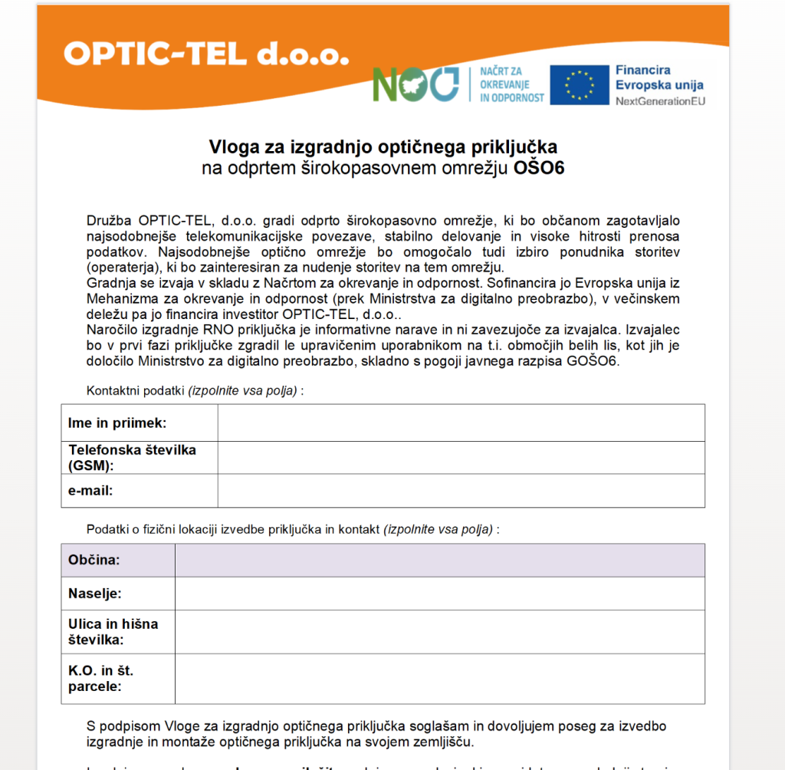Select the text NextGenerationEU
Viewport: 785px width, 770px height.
pos(660,100)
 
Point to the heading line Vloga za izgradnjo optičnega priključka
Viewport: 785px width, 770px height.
pos(383,146)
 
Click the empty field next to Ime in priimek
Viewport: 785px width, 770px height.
pos(461,423)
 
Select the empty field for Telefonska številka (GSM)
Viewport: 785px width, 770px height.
pos(461,458)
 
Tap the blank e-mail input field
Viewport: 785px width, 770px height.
pos(461,491)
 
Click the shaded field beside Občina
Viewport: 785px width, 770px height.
pos(439,560)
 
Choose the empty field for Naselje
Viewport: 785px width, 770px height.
pos(439,594)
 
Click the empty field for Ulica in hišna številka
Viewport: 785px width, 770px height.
pos(439,632)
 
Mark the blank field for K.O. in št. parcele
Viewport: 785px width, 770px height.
pos(439,679)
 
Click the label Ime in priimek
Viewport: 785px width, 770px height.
pos(117,423)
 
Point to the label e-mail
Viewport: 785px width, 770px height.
pos(90,491)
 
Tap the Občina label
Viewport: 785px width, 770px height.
pos(94,560)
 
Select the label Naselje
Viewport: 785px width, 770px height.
pos(95,594)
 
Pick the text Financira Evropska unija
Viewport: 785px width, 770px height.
pos(659,77)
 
